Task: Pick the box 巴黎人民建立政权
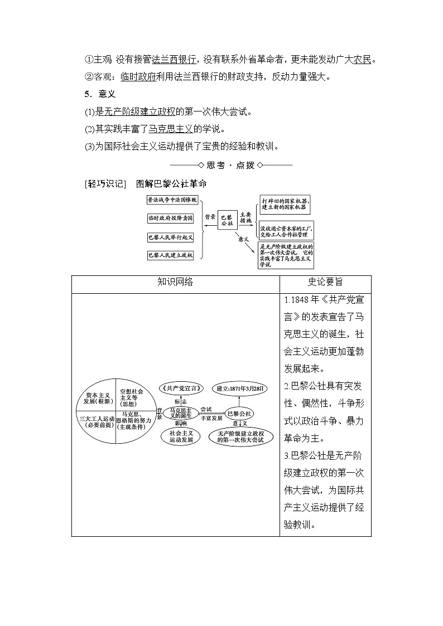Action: [x=170, y=255]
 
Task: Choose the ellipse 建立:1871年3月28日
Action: [x=242, y=388]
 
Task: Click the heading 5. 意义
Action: [x=99, y=94]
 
